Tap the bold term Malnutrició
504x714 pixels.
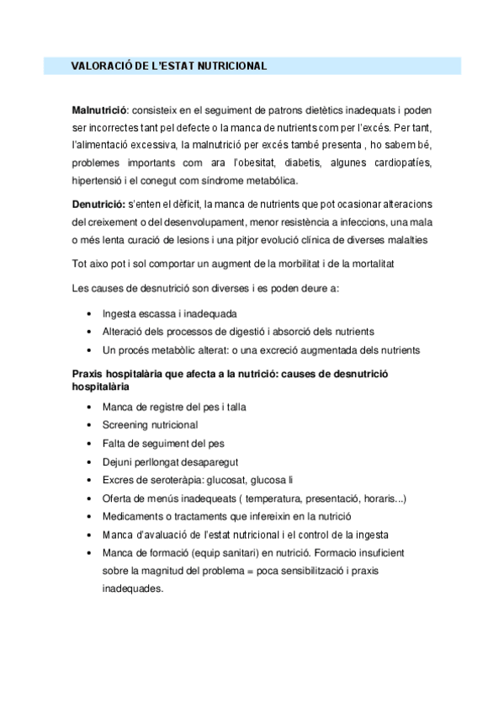[x=99, y=110]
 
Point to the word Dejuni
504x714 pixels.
[x=118, y=461]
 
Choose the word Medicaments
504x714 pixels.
[x=133, y=517]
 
